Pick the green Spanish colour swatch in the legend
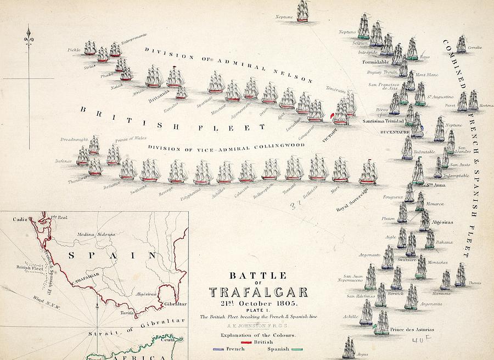[299, 349]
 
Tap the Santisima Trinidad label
[384, 121]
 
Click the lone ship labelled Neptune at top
[303, 11]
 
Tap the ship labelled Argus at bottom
[349, 347]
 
